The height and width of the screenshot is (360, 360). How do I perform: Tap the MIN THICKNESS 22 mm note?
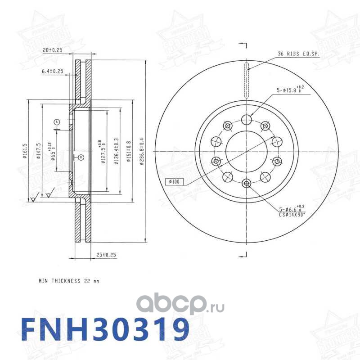(68, 281)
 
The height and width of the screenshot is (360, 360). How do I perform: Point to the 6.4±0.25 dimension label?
(52, 71)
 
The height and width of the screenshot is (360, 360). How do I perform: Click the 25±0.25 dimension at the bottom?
(106, 255)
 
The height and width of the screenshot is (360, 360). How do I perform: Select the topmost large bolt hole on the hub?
(246, 120)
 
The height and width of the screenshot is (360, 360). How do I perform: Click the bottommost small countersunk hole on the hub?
(246, 183)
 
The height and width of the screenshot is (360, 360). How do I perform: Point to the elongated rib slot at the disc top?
(246, 80)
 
